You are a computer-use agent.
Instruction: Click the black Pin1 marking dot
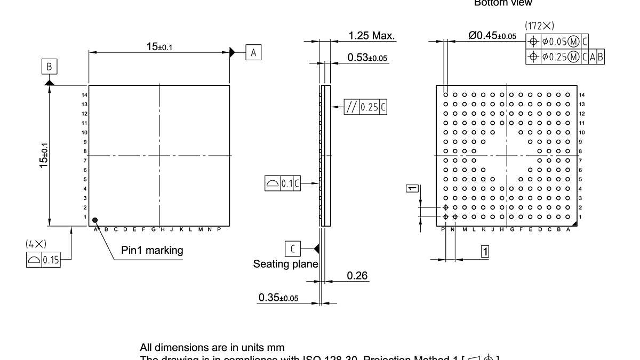pyautogui.click(x=95, y=220)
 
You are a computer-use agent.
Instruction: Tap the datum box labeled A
pyautogui.click(x=253, y=52)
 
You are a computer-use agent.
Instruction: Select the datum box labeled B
pyautogui.click(x=49, y=67)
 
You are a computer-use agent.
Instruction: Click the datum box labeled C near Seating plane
pyautogui.click(x=293, y=248)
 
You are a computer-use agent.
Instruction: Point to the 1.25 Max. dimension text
pyautogui.click(x=372, y=36)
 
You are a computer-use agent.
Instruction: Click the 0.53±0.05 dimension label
pyautogui.click(x=367, y=57)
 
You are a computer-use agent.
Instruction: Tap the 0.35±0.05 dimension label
pyautogui.click(x=278, y=297)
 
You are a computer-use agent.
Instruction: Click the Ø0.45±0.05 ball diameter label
pyautogui.click(x=492, y=36)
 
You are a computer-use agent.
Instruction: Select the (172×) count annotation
pyautogui.click(x=539, y=26)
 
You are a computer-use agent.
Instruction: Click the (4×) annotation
pyautogui.click(x=36, y=244)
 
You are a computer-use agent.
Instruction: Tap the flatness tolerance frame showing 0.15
pyautogui.click(x=43, y=260)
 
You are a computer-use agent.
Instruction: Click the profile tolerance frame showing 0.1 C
pyautogui.click(x=283, y=184)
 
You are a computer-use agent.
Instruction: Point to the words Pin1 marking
pyautogui.click(x=152, y=250)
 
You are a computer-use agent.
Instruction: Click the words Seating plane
pyautogui.click(x=285, y=264)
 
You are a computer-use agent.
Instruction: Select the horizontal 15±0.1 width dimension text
pyautogui.click(x=159, y=47)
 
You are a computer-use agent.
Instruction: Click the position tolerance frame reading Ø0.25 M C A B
pyautogui.click(x=565, y=57)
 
